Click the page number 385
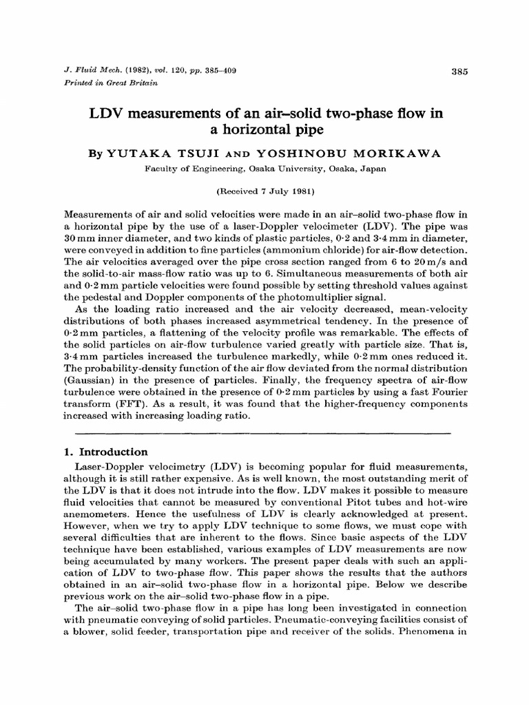pos(459,71)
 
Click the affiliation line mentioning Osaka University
pos(264,167)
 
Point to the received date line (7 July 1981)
pos(264,188)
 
